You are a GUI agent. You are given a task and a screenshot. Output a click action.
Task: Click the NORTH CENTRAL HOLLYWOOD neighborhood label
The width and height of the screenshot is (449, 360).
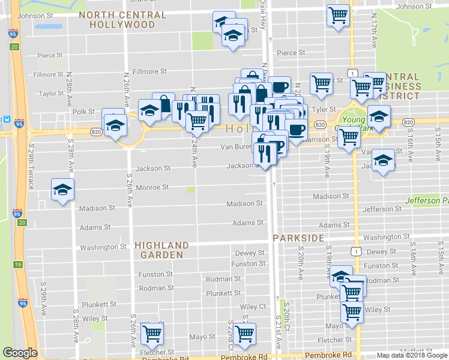click(130, 19)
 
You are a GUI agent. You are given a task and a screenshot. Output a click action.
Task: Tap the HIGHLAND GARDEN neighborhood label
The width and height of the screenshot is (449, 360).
click(162, 250)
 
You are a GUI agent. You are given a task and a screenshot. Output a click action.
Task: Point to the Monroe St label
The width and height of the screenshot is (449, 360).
click(152, 187)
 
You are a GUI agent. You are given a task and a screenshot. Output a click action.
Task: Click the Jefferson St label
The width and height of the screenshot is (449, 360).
click(382, 209)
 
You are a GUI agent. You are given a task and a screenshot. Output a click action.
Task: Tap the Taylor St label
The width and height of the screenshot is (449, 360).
click(51, 94)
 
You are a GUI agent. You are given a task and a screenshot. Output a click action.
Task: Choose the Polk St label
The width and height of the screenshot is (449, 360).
click(83, 112)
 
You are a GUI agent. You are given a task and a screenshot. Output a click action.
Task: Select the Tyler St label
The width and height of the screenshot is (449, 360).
click(323, 109)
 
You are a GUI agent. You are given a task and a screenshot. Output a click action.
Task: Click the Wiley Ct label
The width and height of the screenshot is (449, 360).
click(253, 307)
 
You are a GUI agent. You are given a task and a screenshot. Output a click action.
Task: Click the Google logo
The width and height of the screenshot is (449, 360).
click(20, 353)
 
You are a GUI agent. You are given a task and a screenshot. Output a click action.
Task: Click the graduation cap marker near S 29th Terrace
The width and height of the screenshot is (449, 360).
click(62, 190)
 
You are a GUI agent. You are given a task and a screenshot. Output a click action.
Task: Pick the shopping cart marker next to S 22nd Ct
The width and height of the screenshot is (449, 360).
click(244, 334)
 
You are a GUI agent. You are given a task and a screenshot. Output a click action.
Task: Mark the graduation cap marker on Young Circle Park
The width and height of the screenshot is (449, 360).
click(379, 116)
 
